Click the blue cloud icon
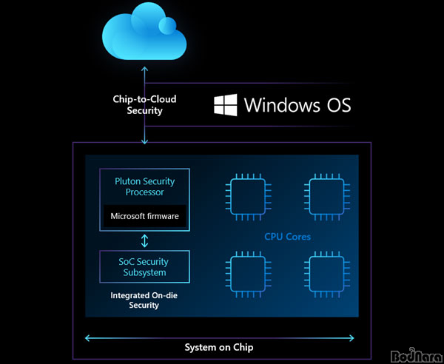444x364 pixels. [144, 33]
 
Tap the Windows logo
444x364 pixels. [226, 105]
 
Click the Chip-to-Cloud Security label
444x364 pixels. [144, 104]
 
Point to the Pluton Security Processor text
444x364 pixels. [144, 186]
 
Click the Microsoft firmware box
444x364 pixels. [145, 216]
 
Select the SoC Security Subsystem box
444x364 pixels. [144, 266]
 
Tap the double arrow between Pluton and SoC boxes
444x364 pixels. [144, 240]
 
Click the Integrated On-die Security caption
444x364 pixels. [144, 300]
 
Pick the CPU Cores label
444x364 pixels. [287, 237]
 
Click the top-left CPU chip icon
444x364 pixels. [248, 197]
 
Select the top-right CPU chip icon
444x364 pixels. [327, 197]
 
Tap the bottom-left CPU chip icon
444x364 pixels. [248, 274]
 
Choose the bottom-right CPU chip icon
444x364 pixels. [327, 274]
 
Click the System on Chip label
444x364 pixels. [219, 347]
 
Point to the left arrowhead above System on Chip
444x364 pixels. [88, 338]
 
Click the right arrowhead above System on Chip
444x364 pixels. [351, 338]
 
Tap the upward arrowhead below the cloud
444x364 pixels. [145, 69]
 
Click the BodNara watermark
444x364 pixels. [417, 355]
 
